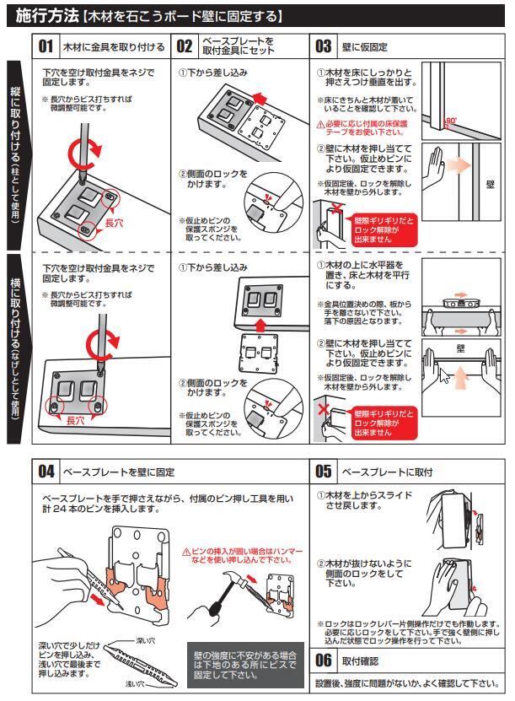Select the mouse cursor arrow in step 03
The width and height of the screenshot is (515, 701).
444,373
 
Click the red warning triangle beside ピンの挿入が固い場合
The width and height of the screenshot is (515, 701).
186,550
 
